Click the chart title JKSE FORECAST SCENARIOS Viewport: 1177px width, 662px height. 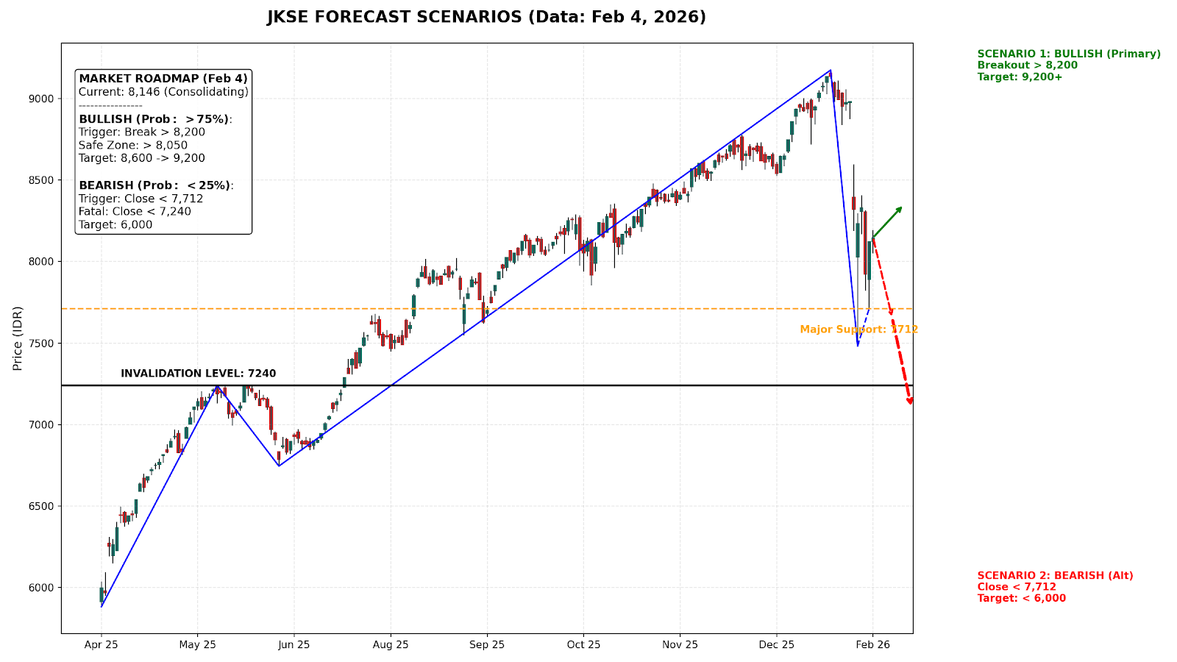[486, 17]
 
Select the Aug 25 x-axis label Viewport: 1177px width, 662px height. [391, 645]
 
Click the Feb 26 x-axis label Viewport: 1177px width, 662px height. [872, 645]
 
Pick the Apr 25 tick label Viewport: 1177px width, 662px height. [102, 645]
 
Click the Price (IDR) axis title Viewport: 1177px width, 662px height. [18, 338]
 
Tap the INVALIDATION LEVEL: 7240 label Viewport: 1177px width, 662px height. [199, 374]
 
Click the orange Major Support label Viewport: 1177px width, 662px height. [858, 330]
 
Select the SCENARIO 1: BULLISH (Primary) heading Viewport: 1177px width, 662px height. [1069, 54]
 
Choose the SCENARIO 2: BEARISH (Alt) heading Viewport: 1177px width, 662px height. [1055, 576]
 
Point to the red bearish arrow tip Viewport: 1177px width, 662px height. [911, 402]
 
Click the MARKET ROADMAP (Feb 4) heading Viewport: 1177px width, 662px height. [163, 79]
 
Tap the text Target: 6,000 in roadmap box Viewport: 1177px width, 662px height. [115, 225]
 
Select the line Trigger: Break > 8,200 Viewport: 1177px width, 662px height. [142, 132]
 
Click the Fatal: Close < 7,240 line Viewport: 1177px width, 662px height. [135, 212]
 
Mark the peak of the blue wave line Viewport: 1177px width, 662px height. [831, 71]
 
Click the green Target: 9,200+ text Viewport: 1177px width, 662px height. [1020, 76]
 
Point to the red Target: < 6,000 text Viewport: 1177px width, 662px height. [1021, 598]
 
